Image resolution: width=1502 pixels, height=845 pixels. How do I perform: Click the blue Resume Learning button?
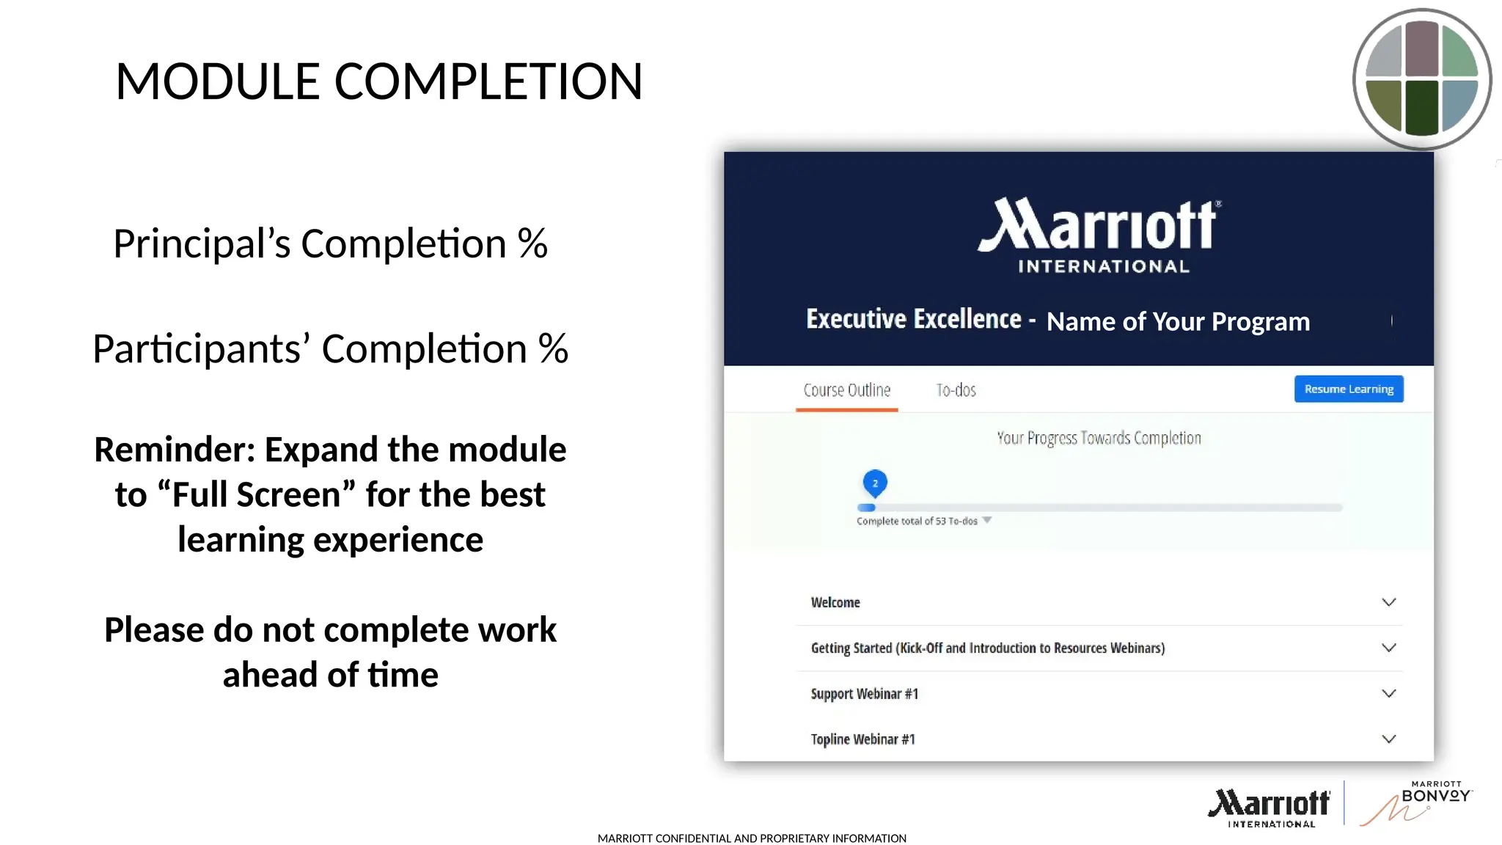click(x=1349, y=389)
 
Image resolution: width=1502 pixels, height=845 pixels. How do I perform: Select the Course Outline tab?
click(x=846, y=390)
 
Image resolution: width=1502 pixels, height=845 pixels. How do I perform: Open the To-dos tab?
click(x=956, y=390)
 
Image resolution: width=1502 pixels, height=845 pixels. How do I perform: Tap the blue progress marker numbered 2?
click(x=875, y=483)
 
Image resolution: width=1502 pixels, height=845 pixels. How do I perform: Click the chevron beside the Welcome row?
click(x=1388, y=602)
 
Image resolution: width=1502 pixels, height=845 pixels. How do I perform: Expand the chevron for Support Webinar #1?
click(x=1388, y=693)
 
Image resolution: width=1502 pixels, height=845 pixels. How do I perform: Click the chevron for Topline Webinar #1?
click(x=1388, y=739)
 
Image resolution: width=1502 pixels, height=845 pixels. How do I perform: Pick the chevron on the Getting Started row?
click(x=1388, y=648)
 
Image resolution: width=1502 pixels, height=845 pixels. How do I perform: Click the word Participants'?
click(x=201, y=349)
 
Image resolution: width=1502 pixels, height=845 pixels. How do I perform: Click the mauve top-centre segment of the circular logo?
click(x=1421, y=48)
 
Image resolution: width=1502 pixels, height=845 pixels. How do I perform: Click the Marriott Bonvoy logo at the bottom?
click(x=1415, y=804)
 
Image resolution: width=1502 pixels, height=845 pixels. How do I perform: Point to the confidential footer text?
click(x=752, y=838)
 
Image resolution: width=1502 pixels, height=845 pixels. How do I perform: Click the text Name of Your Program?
click(x=1178, y=321)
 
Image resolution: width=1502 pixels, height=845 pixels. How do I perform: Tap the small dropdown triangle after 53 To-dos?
click(x=987, y=520)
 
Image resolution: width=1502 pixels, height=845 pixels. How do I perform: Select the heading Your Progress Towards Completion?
click(x=1099, y=438)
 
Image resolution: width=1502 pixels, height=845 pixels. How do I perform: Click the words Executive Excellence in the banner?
click(x=913, y=319)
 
